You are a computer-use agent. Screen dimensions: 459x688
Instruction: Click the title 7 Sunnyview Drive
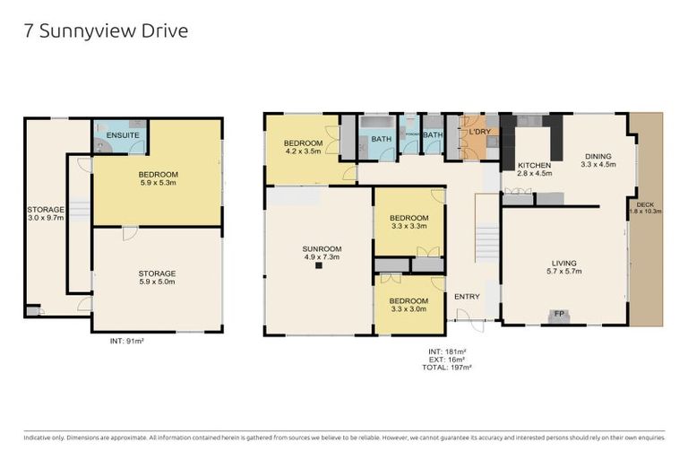106,31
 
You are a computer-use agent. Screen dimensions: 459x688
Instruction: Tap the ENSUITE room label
121,135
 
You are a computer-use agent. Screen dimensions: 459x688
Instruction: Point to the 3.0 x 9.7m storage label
46,214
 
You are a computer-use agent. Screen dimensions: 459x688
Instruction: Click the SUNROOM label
318,252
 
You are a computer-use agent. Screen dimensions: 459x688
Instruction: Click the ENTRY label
467,297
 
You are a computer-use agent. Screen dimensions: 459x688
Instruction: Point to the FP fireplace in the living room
559,314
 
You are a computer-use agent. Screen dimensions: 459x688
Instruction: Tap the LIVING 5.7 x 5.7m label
565,266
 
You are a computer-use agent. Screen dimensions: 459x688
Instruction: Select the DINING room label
598,160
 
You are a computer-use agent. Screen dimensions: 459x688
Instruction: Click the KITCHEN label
534,170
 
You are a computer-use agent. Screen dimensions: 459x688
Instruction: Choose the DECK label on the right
645,207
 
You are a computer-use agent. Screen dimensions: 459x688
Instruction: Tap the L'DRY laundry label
479,132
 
